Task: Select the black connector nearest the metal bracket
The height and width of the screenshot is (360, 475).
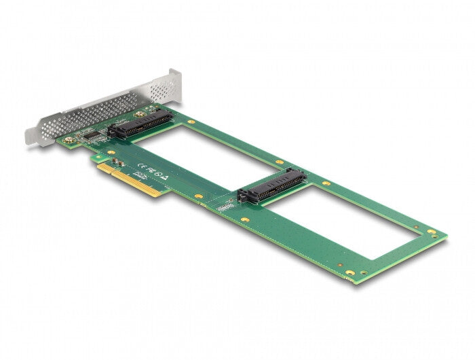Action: point(140,124)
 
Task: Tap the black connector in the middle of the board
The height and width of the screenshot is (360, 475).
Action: point(271,185)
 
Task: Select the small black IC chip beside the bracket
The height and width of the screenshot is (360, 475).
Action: point(88,135)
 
